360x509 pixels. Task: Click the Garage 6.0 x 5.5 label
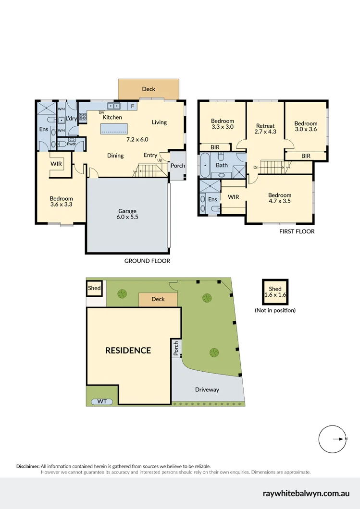pyautogui.click(x=127, y=214)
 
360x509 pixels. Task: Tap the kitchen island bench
pyautogui.click(x=115, y=129)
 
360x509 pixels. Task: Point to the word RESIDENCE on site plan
pyautogui.click(x=128, y=351)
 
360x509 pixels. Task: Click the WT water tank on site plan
pyautogui.click(x=102, y=401)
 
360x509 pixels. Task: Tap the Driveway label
pyautogui.click(x=207, y=389)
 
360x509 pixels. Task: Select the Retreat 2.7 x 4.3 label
pyautogui.click(x=265, y=129)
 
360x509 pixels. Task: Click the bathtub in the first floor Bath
pyautogui.click(x=205, y=166)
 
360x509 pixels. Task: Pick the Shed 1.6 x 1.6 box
pyautogui.click(x=275, y=292)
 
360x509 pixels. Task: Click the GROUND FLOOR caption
pyautogui.click(x=147, y=261)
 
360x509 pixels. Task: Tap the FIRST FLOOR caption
pyautogui.click(x=297, y=231)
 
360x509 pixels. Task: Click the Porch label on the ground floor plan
pyautogui.click(x=177, y=166)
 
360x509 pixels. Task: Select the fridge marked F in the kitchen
pyautogui.click(x=132, y=106)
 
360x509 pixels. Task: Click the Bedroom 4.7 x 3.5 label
pyautogui.click(x=280, y=198)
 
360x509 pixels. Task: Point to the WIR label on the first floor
pyautogui.click(x=233, y=197)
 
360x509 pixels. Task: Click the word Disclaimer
pyautogui.click(x=27, y=466)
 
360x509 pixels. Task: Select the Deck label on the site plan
pyautogui.click(x=158, y=299)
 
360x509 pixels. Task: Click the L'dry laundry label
pyautogui.click(x=72, y=118)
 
